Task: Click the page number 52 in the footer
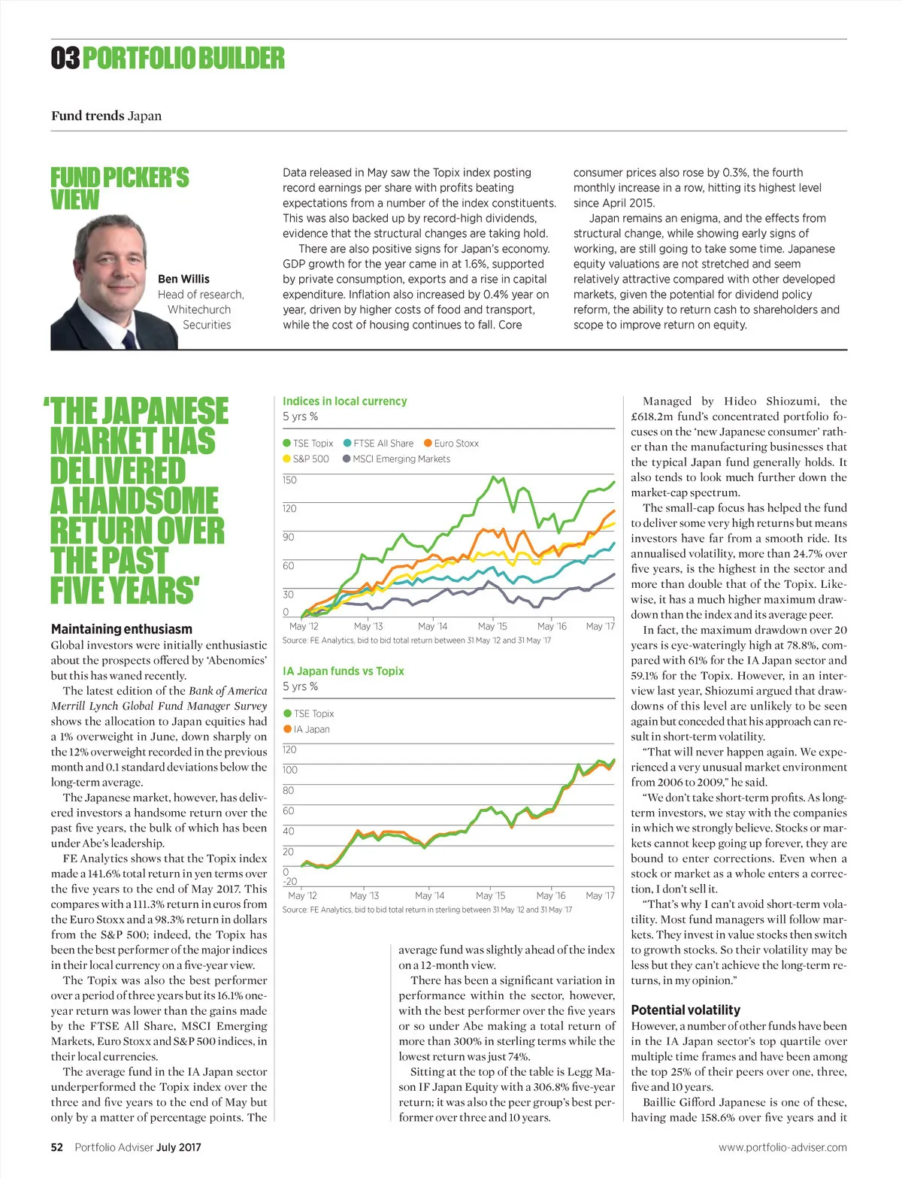point(57,1147)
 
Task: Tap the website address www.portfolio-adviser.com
point(782,1147)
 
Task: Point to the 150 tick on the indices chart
point(289,480)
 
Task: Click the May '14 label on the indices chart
point(432,626)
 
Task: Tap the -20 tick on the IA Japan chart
point(289,882)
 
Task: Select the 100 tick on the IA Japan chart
point(289,770)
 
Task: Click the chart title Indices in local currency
point(344,401)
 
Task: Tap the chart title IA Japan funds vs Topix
point(343,671)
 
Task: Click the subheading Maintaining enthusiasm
point(122,629)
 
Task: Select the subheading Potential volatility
point(686,1010)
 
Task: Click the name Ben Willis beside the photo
point(183,279)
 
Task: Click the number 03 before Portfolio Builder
point(65,59)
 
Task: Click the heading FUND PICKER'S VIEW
point(120,188)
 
